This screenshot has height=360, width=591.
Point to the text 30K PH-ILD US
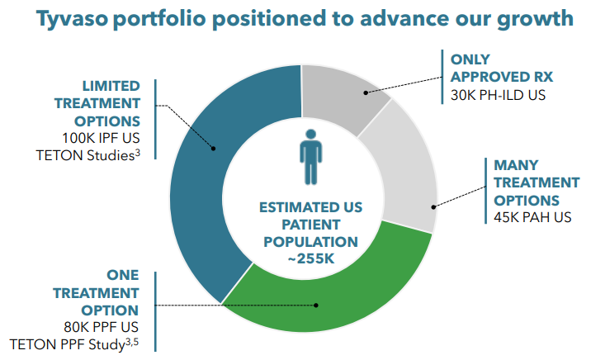(x=498, y=95)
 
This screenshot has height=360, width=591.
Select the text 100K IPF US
(x=101, y=137)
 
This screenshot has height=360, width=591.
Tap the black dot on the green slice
(x=316, y=306)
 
